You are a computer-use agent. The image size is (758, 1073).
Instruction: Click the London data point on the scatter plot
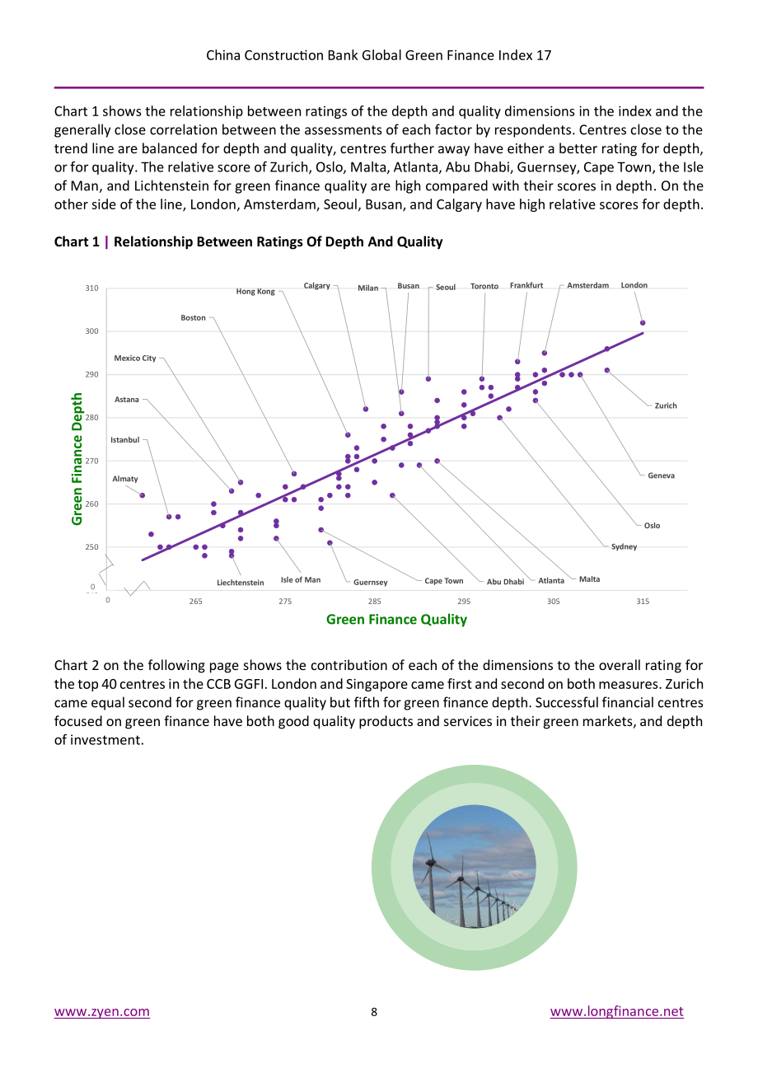[643, 323]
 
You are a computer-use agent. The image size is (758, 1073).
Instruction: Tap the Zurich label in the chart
[666, 405]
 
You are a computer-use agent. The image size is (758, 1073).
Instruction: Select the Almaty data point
[143, 495]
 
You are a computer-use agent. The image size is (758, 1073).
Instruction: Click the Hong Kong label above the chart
[255, 291]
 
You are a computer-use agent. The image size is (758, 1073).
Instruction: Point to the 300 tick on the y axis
[91, 331]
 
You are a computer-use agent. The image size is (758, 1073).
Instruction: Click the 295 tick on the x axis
[464, 601]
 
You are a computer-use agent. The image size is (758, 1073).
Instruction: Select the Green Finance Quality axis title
[396, 620]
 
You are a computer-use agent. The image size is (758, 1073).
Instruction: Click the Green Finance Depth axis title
[77, 459]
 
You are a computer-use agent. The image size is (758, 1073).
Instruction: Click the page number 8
[374, 1012]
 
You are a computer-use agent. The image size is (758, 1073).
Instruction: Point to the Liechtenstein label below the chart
[241, 583]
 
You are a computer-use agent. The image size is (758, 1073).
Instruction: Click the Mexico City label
[135, 358]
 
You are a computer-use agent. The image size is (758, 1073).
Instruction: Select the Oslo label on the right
[652, 526]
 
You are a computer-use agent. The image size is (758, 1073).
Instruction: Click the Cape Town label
[444, 580]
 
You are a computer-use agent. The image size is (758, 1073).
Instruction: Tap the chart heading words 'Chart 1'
[77, 242]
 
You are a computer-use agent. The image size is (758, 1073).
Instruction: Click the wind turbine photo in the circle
[474, 868]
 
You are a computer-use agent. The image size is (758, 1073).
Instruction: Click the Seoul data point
[428, 379]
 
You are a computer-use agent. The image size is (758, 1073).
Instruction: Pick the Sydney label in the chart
[624, 546]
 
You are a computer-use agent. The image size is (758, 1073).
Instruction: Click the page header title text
[379, 55]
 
